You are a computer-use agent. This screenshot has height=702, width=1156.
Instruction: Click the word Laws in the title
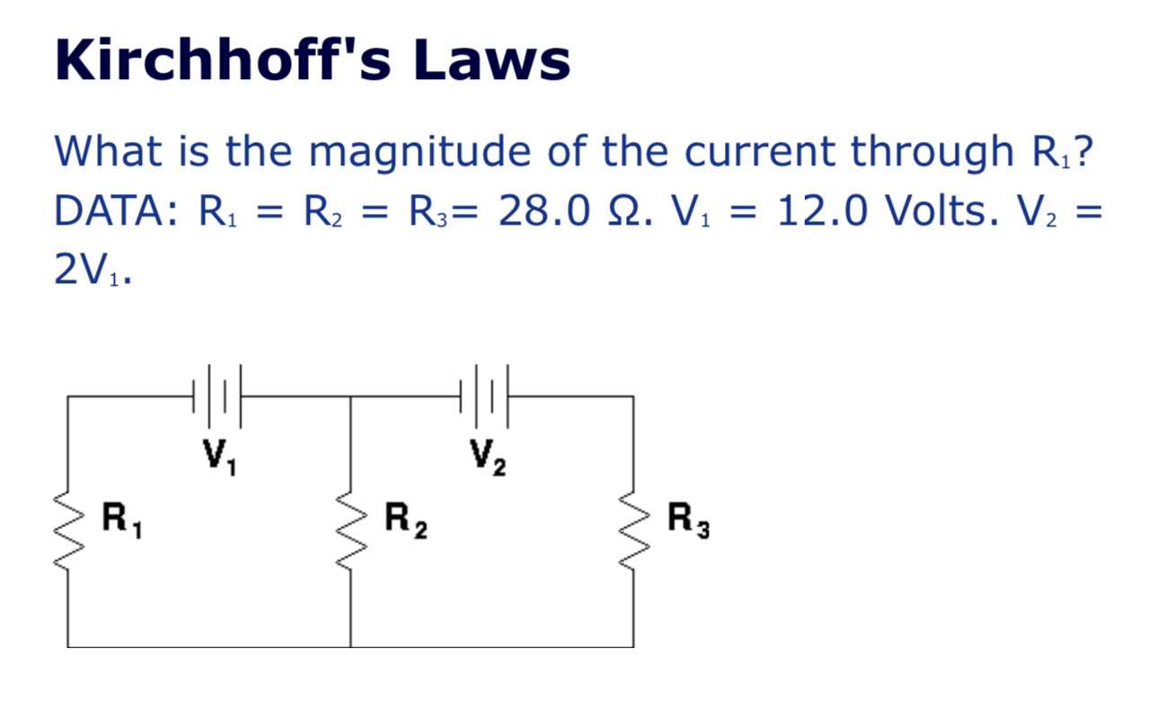(491, 61)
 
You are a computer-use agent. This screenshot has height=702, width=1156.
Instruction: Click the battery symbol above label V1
(217, 395)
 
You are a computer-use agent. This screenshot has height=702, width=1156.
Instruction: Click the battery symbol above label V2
(484, 395)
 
